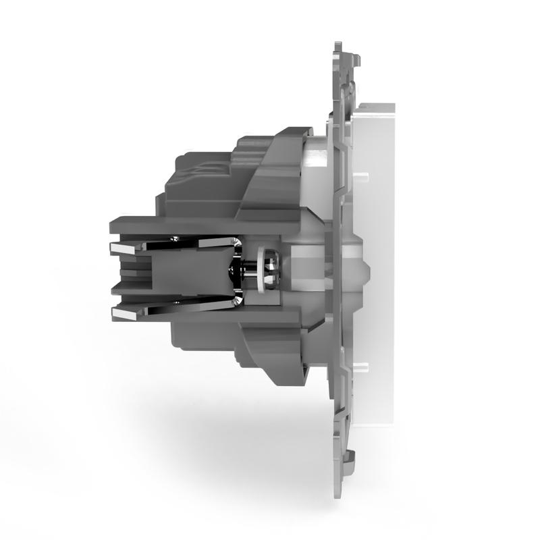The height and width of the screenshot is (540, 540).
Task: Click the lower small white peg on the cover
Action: coord(364,367)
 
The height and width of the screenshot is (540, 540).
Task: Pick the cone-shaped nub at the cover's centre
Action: coord(364,271)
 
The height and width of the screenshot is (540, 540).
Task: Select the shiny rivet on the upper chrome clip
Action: coord(176,239)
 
